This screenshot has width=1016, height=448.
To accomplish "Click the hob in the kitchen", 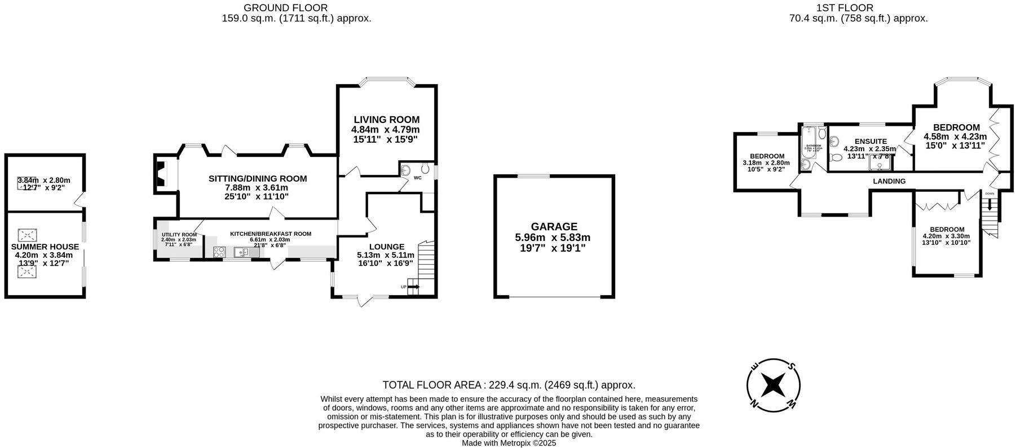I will click(x=219, y=252).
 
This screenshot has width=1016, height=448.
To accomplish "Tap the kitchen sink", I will click(x=243, y=252).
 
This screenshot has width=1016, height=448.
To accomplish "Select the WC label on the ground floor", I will click(x=418, y=178).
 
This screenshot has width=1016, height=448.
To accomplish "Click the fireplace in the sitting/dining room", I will click(x=161, y=173).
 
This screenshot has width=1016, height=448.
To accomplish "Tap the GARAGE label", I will click(x=554, y=227).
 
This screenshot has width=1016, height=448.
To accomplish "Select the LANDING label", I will click(x=889, y=181).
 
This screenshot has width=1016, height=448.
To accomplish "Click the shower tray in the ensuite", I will click(x=881, y=162).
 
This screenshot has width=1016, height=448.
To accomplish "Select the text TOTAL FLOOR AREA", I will click(x=432, y=385).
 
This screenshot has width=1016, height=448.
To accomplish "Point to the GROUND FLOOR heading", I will click(x=286, y=8).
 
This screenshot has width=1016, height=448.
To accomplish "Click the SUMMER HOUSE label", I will click(x=45, y=247).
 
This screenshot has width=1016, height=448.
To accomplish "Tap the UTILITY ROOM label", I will click(x=179, y=235).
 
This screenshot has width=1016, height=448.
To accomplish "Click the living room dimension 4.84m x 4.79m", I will click(x=386, y=130).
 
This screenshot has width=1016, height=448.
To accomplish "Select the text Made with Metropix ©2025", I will click(x=509, y=443).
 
